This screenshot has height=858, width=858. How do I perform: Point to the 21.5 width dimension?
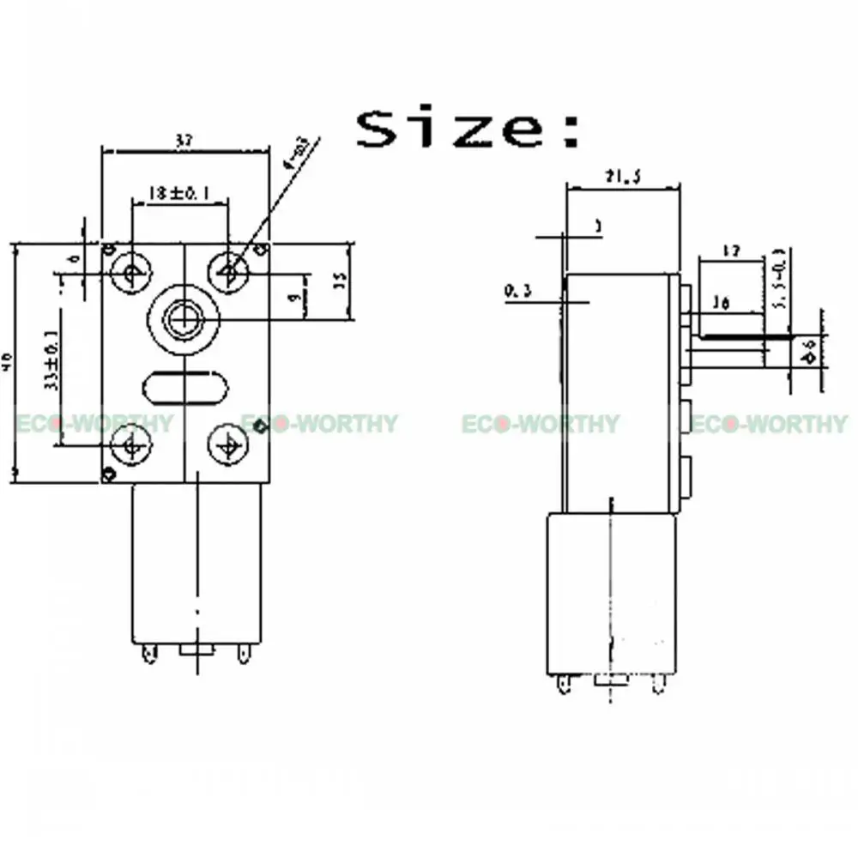(623, 178)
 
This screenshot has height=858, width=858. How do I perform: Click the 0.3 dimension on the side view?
(517, 293)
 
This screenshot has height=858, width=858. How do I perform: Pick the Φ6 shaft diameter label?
(810, 351)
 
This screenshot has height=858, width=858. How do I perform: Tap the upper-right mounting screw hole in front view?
(228, 273)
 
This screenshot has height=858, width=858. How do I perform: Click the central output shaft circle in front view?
(182, 319)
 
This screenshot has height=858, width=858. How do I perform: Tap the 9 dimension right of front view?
(293, 298)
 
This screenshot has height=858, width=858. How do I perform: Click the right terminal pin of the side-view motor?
(658, 684)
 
